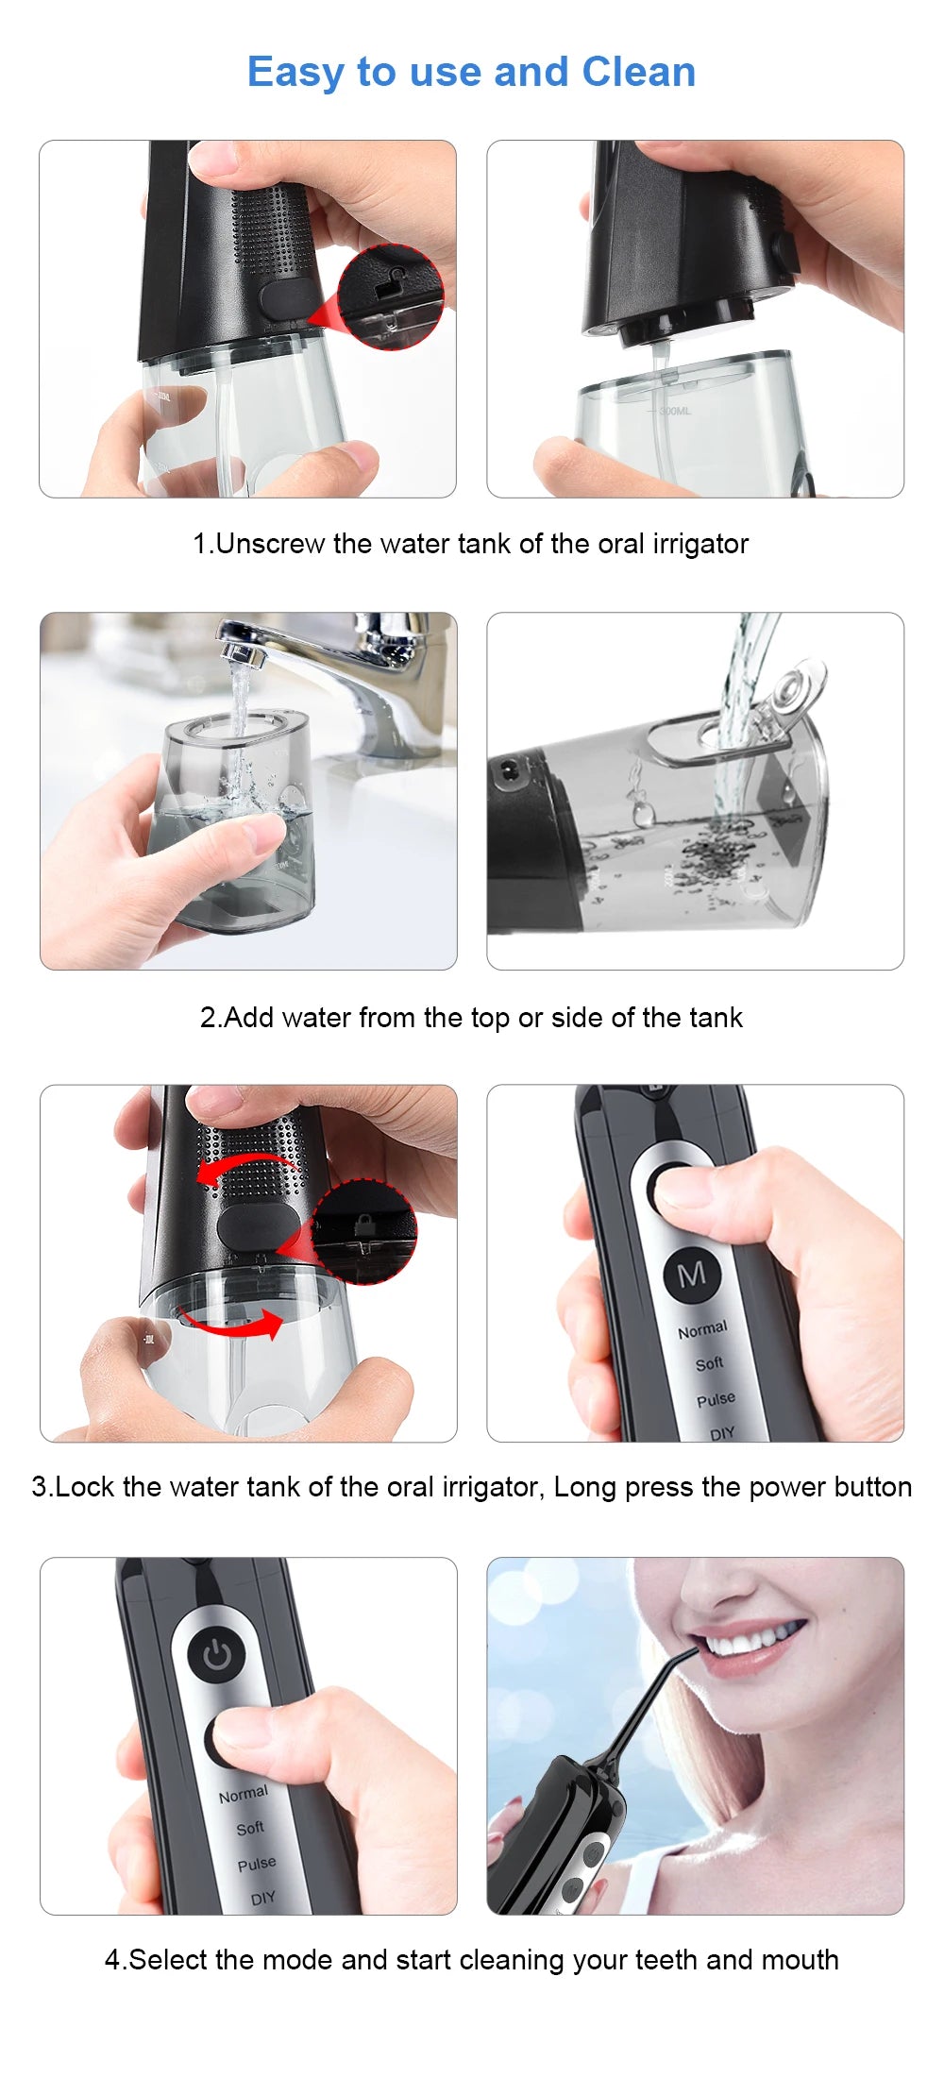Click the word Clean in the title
(x=638, y=73)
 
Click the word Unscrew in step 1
(x=270, y=544)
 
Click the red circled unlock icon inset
(x=390, y=296)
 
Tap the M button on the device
(x=692, y=1275)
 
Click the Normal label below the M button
(x=702, y=1329)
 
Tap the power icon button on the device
(x=216, y=1656)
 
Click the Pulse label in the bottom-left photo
(x=257, y=1864)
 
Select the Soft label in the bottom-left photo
(x=250, y=1828)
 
